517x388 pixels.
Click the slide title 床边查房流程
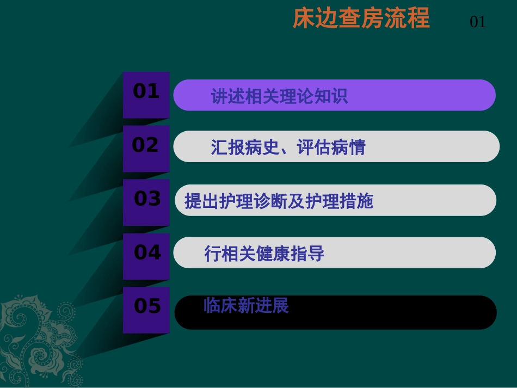[361, 19]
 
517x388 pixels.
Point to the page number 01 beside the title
[477, 22]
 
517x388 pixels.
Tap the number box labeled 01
[146, 94]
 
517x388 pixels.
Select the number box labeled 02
[146, 147]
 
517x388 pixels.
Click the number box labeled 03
[146, 201]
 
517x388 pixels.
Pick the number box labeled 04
[146, 255]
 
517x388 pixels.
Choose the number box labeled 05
[146, 309]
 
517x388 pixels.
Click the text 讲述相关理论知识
[279, 96]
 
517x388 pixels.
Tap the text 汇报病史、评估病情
[288, 147]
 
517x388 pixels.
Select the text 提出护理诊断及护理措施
[279, 201]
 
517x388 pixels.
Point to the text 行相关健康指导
[264, 254]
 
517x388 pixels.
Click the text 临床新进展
[246, 306]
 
